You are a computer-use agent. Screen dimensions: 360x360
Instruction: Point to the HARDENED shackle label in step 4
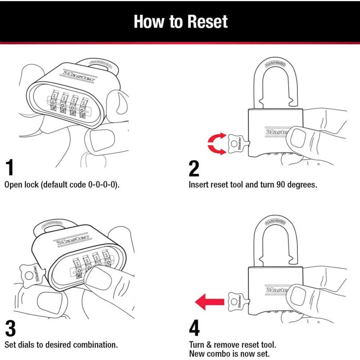point(275,220)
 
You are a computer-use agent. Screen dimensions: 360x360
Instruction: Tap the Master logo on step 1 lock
point(79,76)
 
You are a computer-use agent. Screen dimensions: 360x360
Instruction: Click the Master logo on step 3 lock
point(72,239)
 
